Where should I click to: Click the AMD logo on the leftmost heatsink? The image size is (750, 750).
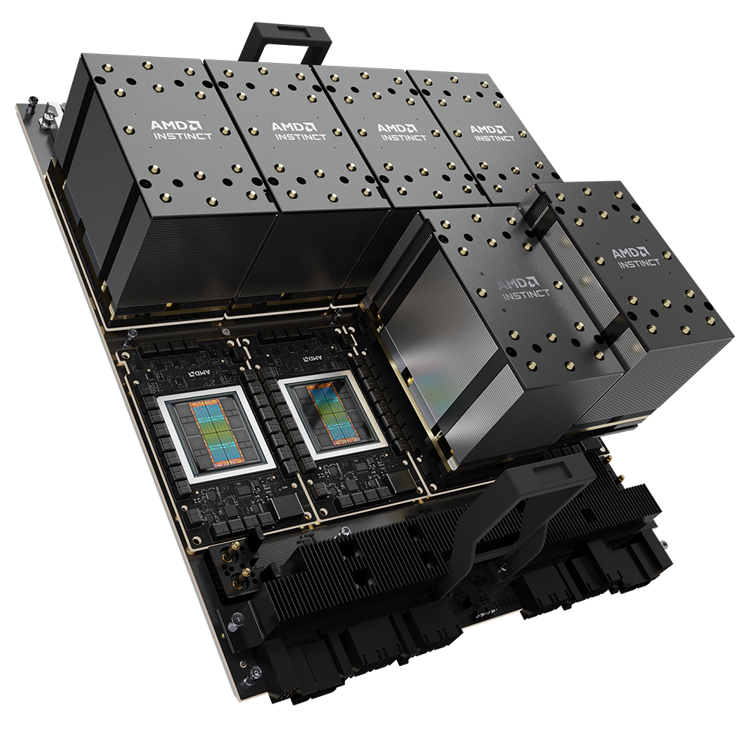tap(177, 125)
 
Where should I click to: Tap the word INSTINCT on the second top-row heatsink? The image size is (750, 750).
tap(301, 136)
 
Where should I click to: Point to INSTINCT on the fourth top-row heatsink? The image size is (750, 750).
tap(494, 138)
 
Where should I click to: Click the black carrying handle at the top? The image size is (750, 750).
tap(285, 42)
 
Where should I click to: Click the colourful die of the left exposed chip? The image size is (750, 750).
tap(215, 433)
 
